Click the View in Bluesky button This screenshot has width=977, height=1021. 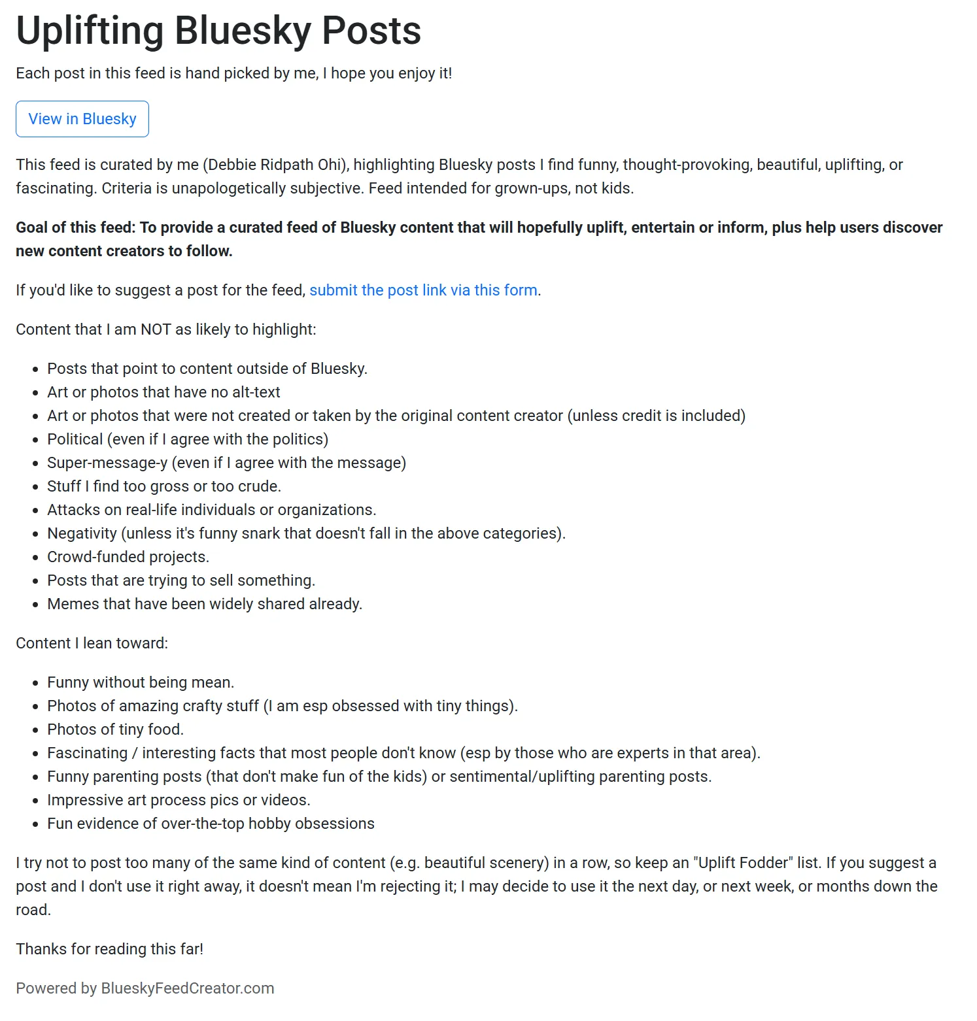click(x=82, y=119)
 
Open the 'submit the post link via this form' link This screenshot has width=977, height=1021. click(x=423, y=290)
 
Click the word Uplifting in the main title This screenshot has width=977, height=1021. click(x=90, y=30)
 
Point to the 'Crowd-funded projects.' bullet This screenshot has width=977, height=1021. click(x=128, y=557)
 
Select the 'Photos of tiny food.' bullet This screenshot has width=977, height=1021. click(x=115, y=729)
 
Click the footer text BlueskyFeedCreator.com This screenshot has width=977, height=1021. click(x=187, y=988)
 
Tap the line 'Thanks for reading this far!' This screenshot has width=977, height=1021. click(x=109, y=949)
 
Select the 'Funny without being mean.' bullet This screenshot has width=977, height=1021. click(x=141, y=682)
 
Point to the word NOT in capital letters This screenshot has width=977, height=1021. click(x=156, y=329)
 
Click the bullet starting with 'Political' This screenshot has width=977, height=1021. click(x=188, y=439)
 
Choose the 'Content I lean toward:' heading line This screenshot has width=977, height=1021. click(x=92, y=643)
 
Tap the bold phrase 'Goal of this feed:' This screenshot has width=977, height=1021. click(x=76, y=227)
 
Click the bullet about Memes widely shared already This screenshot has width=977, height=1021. click(x=205, y=604)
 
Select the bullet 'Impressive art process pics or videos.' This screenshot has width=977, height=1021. click(x=179, y=800)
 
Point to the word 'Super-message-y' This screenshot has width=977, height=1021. click(x=107, y=463)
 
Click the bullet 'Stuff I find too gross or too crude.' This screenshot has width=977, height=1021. click(x=164, y=486)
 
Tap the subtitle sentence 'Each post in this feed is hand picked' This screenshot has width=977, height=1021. click(x=233, y=73)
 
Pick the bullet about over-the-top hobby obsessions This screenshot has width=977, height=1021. click(x=211, y=824)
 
